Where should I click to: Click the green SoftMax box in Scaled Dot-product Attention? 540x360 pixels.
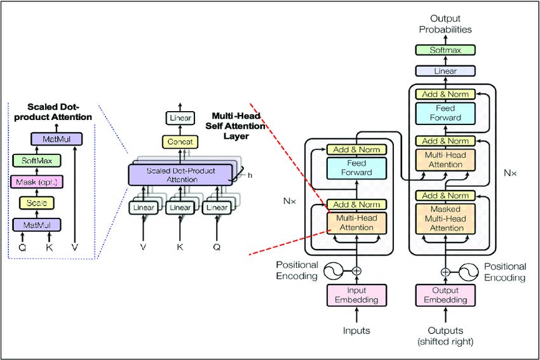point(36,162)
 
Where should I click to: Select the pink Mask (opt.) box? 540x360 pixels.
point(36,183)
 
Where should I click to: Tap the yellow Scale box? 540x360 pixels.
point(36,203)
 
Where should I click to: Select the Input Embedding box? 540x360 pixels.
point(356,295)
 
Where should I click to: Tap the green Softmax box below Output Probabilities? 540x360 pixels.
point(445,49)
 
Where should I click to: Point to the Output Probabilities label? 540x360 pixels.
point(445,23)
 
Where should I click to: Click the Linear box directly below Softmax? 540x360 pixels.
point(445,71)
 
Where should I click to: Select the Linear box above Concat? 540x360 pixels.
point(180,118)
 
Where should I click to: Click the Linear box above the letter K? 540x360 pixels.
point(180,208)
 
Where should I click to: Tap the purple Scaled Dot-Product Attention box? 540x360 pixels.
point(180,175)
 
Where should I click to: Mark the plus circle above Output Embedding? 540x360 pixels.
point(446,271)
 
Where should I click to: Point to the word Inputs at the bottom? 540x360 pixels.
point(356,330)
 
